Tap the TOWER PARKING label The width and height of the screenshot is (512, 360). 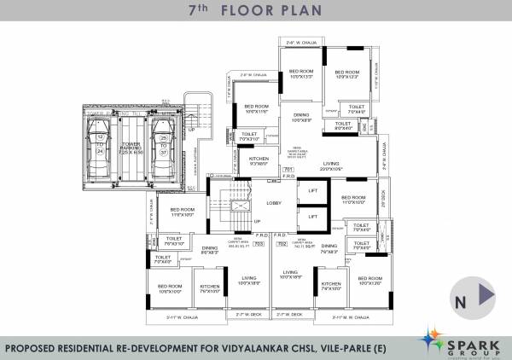coord(131,148)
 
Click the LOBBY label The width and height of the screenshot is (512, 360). coord(274,203)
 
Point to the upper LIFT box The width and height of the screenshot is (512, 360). coord(312,191)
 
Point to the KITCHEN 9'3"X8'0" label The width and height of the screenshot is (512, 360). coord(259,160)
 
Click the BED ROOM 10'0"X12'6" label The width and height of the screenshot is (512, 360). coord(369,281)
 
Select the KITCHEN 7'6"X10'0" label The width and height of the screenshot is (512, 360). coord(210,289)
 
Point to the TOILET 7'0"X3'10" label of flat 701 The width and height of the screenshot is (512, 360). coord(250,136)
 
